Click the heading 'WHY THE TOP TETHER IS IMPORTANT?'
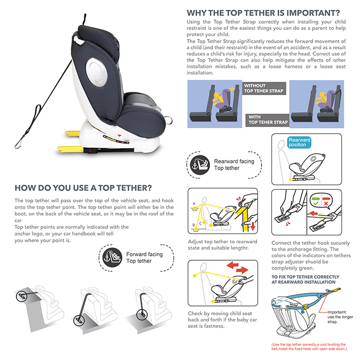pyautogui.click(x=263, y=13)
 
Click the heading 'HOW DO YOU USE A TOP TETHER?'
pyautogui.click(x=83, y=188)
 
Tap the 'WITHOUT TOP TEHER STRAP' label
pyautogui.click(x=264, y=88)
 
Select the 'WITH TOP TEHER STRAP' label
pyautogui.click(x=267, y=120)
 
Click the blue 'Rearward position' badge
pyautogui.click(x=299, y=142)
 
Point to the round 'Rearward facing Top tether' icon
pyautogui.click(x=200, y=165)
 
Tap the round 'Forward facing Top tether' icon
pyautogui.click(x=112, y=258)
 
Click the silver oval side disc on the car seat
pyautogui.click(x=96, y=71)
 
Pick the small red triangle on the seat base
pyautogui.click(x=119, y=135)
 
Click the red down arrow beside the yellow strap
pyautogui.click(x=253, y=226)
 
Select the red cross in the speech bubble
pyautogui.click(x=326, y=204)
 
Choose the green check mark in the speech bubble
pyautogui.click(x=315, y=204)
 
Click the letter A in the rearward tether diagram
pyautogui.click(x=194, y=204)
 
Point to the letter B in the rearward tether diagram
pyautogui.click(x=193, y=225)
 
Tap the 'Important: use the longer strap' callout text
pyautogui.click(x=340, y=317)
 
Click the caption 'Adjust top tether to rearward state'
pyautogui.click(x=222, y=245)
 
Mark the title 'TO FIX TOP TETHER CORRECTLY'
pyautogui.click(x=305, y=277)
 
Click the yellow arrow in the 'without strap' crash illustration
pyautogui.click(x=231, y=89)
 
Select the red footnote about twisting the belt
pyautogui.click(x=309, y=347)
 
